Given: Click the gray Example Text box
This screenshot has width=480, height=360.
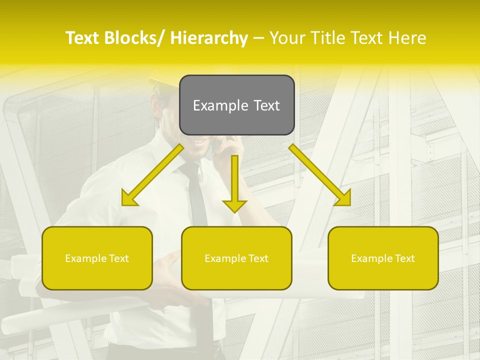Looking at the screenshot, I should point(236,105).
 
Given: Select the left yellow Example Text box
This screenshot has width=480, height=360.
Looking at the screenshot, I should point(97,258).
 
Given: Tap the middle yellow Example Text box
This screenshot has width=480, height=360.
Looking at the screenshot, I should point(236,258).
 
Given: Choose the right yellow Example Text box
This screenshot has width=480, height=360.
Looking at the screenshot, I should point(383,258).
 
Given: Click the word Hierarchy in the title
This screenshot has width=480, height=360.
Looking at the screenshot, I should point(209,38).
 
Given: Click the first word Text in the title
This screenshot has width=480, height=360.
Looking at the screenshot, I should point(83,38).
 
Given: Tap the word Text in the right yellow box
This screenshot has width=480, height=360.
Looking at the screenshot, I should point(404,258).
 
